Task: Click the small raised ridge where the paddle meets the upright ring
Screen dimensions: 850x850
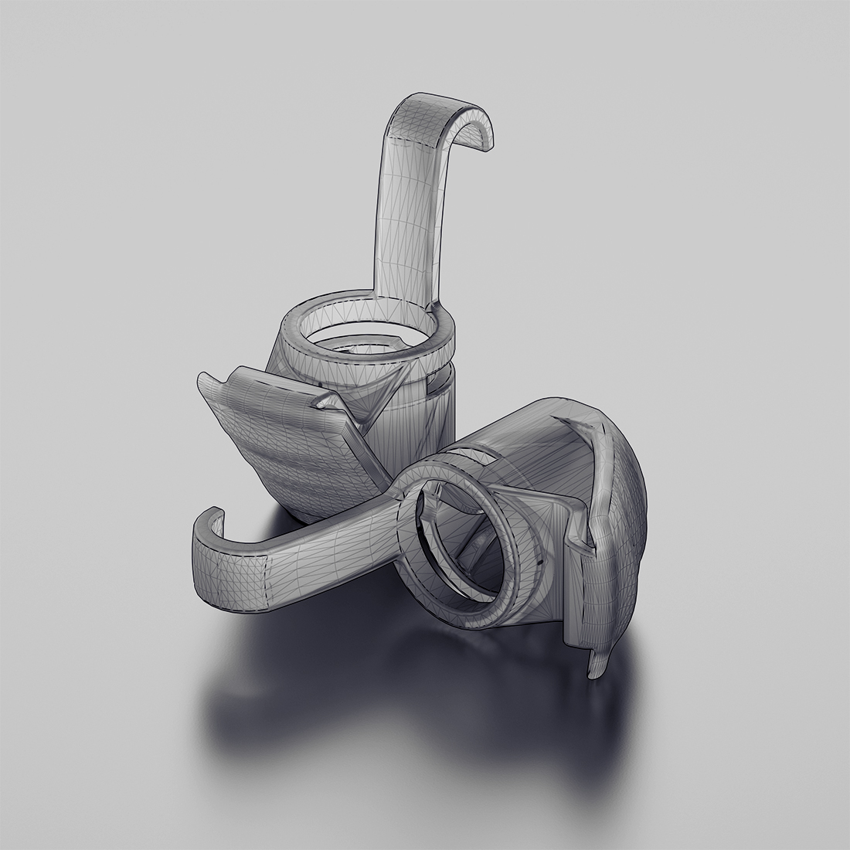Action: [x=325, y=402]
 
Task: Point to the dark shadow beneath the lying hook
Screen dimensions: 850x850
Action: [x=255, y=695]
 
